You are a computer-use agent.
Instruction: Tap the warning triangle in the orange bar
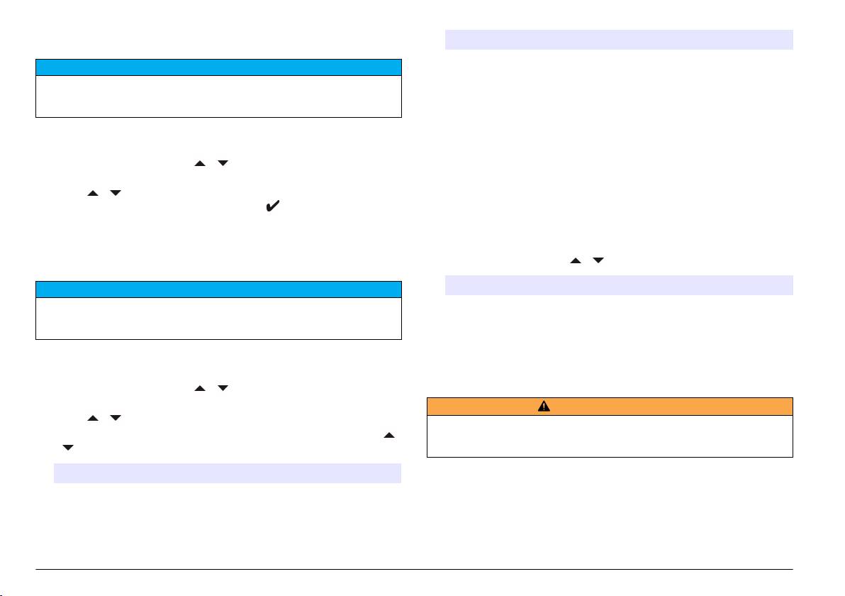coord(544,407)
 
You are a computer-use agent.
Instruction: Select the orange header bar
coord(610,407)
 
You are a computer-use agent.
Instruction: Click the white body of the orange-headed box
coord(610,436)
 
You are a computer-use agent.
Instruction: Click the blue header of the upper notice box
coord(218,67)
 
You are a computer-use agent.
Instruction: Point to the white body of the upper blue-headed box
coord(218,96)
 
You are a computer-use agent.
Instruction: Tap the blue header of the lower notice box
coord(218,289)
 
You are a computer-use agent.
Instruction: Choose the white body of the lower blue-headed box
coord(218,318)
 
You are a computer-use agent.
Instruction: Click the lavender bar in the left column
coord(228,473)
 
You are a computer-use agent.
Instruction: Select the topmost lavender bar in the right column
coord(618,40)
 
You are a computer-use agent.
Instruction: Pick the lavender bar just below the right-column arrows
coord(618,285)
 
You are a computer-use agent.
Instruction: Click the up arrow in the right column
coord(576,261)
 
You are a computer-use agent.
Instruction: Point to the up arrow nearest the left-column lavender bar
coord(388,435)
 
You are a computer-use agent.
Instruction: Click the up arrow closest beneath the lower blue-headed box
coord(200,388)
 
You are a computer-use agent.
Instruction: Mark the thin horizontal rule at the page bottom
coord(415,569)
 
